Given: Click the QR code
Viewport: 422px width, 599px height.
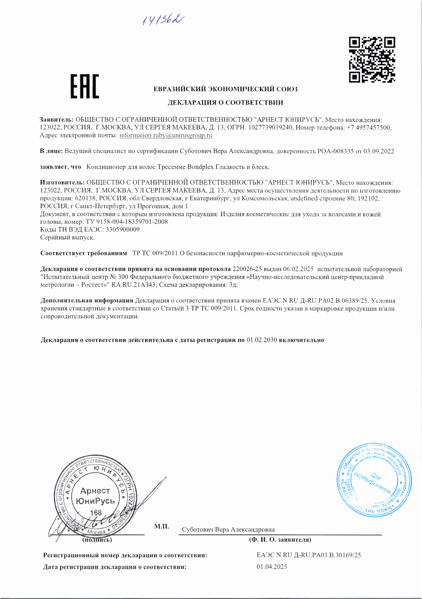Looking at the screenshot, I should click(372, 60).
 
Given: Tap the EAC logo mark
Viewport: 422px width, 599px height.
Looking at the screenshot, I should click(84, 86).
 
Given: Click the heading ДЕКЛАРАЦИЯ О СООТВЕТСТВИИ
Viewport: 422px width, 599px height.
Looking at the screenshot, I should click(225, 103).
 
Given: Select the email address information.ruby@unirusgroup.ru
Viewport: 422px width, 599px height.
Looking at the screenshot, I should click(166, 135).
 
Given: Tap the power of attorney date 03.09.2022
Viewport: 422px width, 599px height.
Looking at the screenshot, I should click(379, 151).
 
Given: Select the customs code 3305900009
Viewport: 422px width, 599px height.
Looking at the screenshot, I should click(122, 230).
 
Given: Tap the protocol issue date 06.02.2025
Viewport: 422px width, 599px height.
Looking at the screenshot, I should click(298, 269).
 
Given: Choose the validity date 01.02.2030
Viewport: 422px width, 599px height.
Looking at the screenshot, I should click(262, 340).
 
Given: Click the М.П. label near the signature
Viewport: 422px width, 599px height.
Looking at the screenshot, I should click(161, 526).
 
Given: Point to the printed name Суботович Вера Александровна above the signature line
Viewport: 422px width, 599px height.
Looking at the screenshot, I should click(228, 529).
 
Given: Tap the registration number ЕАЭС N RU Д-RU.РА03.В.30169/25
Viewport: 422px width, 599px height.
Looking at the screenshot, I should click(309, 555).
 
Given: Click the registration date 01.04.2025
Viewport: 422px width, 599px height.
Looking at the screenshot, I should click(272, 567).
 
